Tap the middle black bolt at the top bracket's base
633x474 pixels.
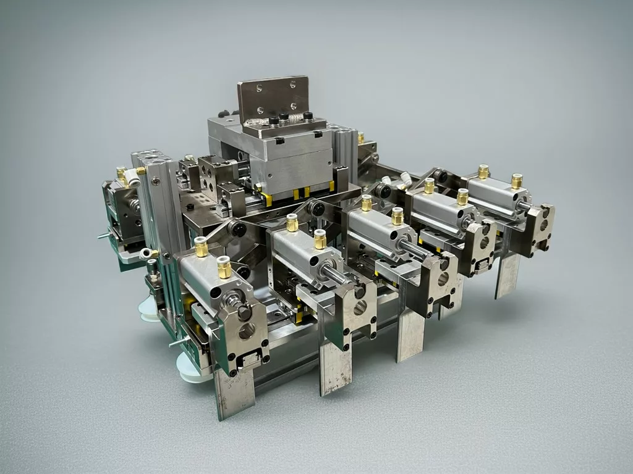(x=284, y=117)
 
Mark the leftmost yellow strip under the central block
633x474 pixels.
(x=266, y=199)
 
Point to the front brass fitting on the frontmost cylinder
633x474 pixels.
(x=224, y=267)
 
